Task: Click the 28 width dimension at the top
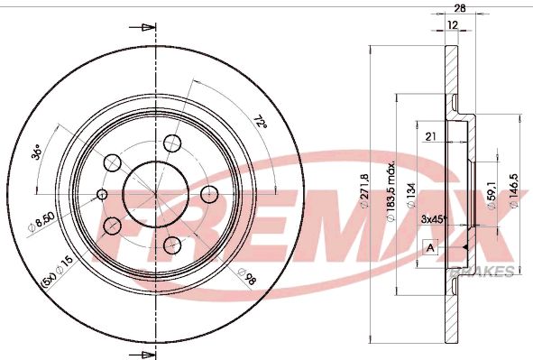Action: pyautogui.click(x=461, y=8)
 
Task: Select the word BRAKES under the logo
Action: pyautogui.click(x=492, y=271)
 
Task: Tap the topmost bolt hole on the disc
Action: pyautogui.click(x=172, y=142)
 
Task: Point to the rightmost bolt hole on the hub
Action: pyautogui.click(x=208, y=194)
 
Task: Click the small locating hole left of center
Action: pyautogui.click(x=102, y=194)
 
